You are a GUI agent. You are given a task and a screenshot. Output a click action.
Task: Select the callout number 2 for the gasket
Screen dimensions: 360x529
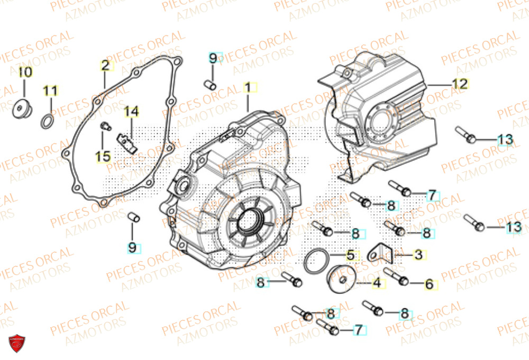pos(105,66)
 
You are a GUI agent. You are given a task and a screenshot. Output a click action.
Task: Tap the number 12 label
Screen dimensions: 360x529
pos(460,84)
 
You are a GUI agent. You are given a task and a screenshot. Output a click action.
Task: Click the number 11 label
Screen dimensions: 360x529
pos(50,91)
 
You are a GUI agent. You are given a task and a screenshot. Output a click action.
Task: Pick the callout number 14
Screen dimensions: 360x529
pos(131,112)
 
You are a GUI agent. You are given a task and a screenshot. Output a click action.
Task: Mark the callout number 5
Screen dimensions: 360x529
pos(350,255)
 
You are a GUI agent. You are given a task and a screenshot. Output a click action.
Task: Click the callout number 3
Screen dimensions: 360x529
pos(418,255)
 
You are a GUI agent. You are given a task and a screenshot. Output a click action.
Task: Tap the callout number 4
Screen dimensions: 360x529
pos(376,283)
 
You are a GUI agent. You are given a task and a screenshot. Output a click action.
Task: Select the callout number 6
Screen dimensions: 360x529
pos(429,284)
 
